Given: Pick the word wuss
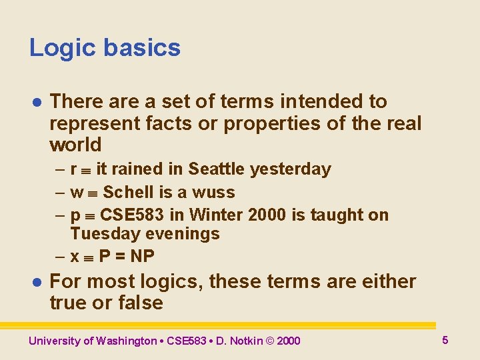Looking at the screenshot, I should coord(213,193).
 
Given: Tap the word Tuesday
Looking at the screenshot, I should coord(99,234).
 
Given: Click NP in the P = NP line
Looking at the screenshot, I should coord(143,256).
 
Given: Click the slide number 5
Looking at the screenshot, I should coord(445,341).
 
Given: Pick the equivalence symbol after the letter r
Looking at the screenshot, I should coord(86,170).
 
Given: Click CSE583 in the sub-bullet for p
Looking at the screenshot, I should coord(129,215).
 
